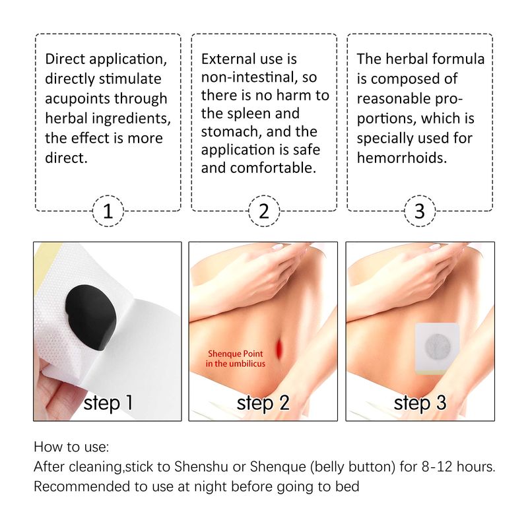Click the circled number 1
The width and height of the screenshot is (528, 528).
click(x=108, y=211)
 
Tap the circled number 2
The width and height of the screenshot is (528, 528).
click(x=264, y=211)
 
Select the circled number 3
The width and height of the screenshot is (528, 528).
click(x=420, y=211)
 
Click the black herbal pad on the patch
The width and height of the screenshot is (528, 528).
click(x=90, y=317)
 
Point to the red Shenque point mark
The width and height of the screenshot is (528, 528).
click(x=279, y=349)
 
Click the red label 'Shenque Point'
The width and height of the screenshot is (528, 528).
click(x=236, y=354)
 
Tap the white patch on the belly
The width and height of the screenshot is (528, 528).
click(x=437, y=348)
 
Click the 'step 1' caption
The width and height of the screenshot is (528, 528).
click(x=108, y=403)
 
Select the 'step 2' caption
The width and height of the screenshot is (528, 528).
click(x=263, y=403)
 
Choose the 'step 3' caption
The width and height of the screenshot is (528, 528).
click(x=420, y=403)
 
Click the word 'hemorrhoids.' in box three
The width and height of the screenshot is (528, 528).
click(x=402, y=158)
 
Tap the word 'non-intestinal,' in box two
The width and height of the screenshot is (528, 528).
click(x=249, y=77)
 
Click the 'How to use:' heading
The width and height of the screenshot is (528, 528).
click(x=71, y=447)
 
